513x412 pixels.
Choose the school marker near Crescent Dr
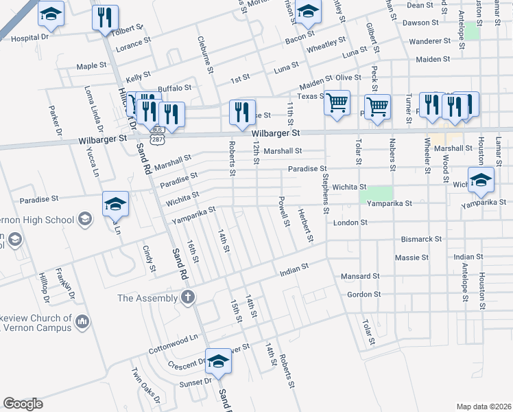point(219,361)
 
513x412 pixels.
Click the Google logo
point(23,404)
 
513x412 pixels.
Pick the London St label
point(351,222)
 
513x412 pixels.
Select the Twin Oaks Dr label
point(147,387)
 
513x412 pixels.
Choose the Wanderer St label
point(429,41)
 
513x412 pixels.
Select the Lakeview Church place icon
point(82,321)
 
